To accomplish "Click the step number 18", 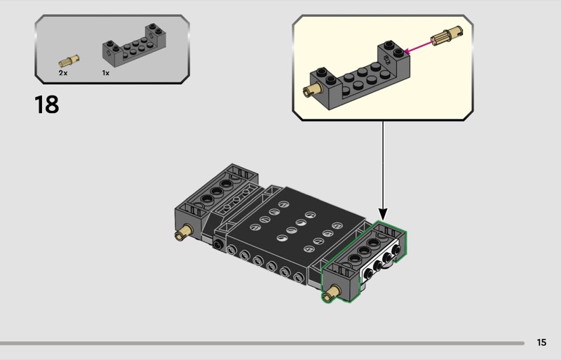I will coord(46,105).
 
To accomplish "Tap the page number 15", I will coord(541,342).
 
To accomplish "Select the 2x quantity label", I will coord(63,72).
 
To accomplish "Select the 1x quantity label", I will coord(106,72).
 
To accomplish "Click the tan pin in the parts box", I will coord(69,60).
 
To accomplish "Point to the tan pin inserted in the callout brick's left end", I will coord(309,89).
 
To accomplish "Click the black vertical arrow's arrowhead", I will coord(383,212).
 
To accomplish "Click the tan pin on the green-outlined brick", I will coord(332,291).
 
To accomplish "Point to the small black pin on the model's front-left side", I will coord(219,245).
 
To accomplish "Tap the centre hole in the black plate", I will coord(299,222).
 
